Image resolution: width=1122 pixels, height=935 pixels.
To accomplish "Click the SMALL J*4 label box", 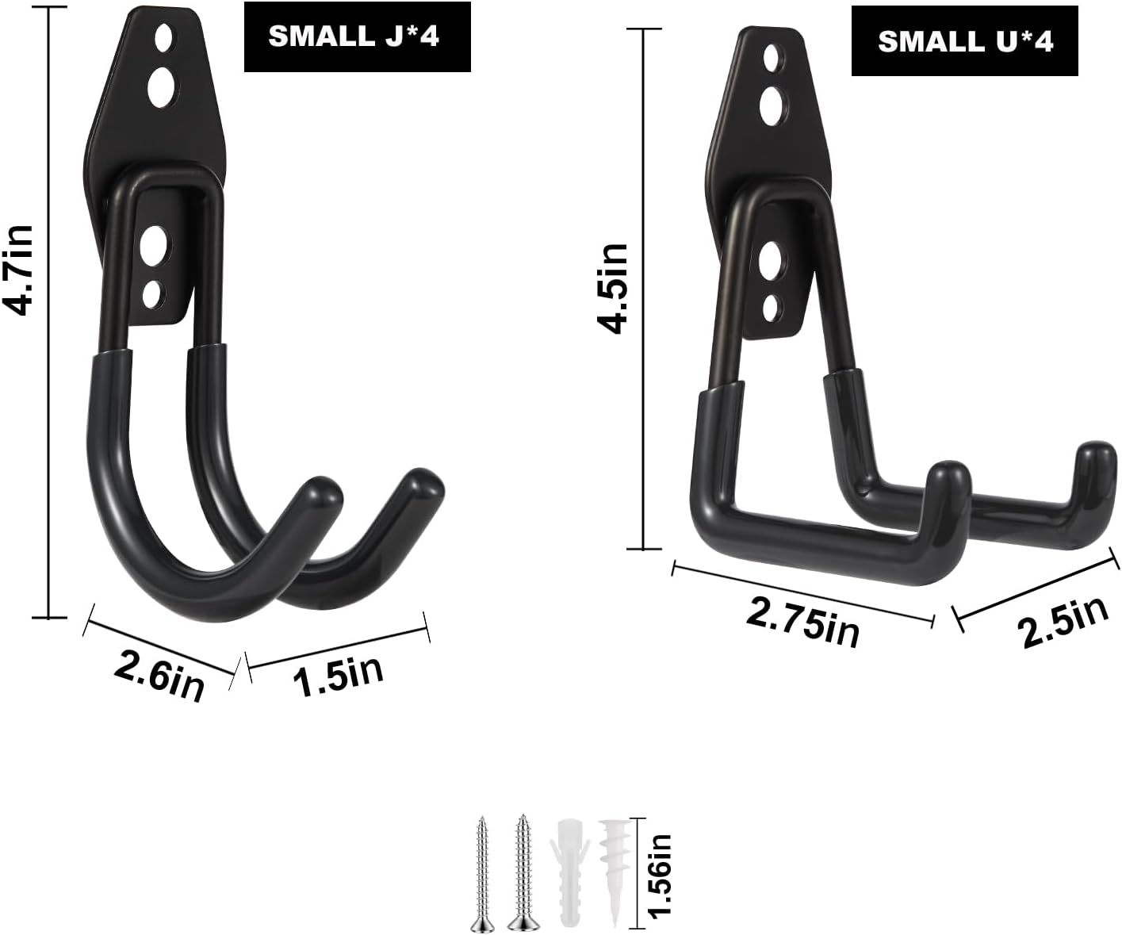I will (357, 36).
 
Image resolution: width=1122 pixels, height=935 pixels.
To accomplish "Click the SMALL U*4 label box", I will (964, 41).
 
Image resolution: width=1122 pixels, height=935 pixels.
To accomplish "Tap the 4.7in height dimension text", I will (20, 270).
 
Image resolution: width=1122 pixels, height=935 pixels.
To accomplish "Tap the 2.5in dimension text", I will (1063, 621).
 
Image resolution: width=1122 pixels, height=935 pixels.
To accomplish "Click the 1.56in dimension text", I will (661, 875).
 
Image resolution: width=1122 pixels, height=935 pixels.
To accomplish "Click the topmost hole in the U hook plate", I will (770, 57).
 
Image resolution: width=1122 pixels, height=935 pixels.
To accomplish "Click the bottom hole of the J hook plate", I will (152, 296).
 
